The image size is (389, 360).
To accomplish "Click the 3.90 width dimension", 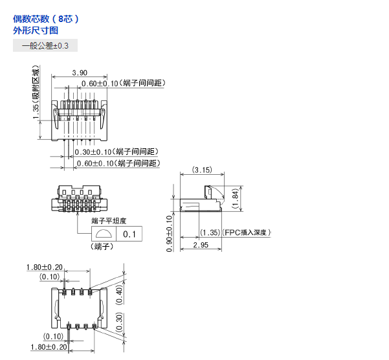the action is (x=80, y=73).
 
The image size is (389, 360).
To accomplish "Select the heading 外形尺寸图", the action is (x=36, y=30).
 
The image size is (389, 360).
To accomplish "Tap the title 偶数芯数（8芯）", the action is (x=46, y=19).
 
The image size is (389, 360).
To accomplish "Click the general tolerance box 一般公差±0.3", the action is (x=45, y=46).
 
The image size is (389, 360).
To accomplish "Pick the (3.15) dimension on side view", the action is (x=202, y=170).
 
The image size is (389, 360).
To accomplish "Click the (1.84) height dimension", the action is (x=235, y=199).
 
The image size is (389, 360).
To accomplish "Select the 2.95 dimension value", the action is (x=201, y=245).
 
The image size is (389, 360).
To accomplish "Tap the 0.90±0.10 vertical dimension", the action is (x=169, y=234).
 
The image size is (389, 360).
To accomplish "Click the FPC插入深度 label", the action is (x=246, y=232).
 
